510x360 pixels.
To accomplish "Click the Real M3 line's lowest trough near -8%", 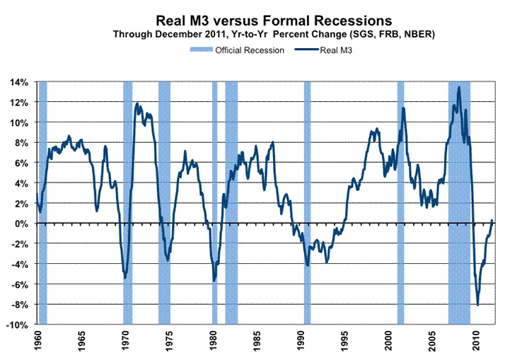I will [478, 305].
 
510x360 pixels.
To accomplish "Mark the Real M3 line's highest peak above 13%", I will [459, 88].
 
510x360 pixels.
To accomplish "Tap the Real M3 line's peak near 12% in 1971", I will [137, 104].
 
